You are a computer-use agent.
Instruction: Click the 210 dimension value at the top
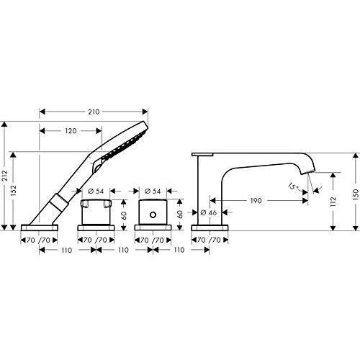(x=94, y=112)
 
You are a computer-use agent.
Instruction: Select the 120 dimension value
(x=71, y=131)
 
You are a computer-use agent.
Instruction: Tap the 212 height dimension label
(x=5, y=176)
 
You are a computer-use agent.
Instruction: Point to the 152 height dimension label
(x=14, y=191)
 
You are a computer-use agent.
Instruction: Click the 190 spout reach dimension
(x=256, y=200)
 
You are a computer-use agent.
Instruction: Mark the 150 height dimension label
(x=356, y=194)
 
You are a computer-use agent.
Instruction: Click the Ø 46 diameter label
(x=209, y=212)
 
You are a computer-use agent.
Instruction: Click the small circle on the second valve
(x=153, y=215)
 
